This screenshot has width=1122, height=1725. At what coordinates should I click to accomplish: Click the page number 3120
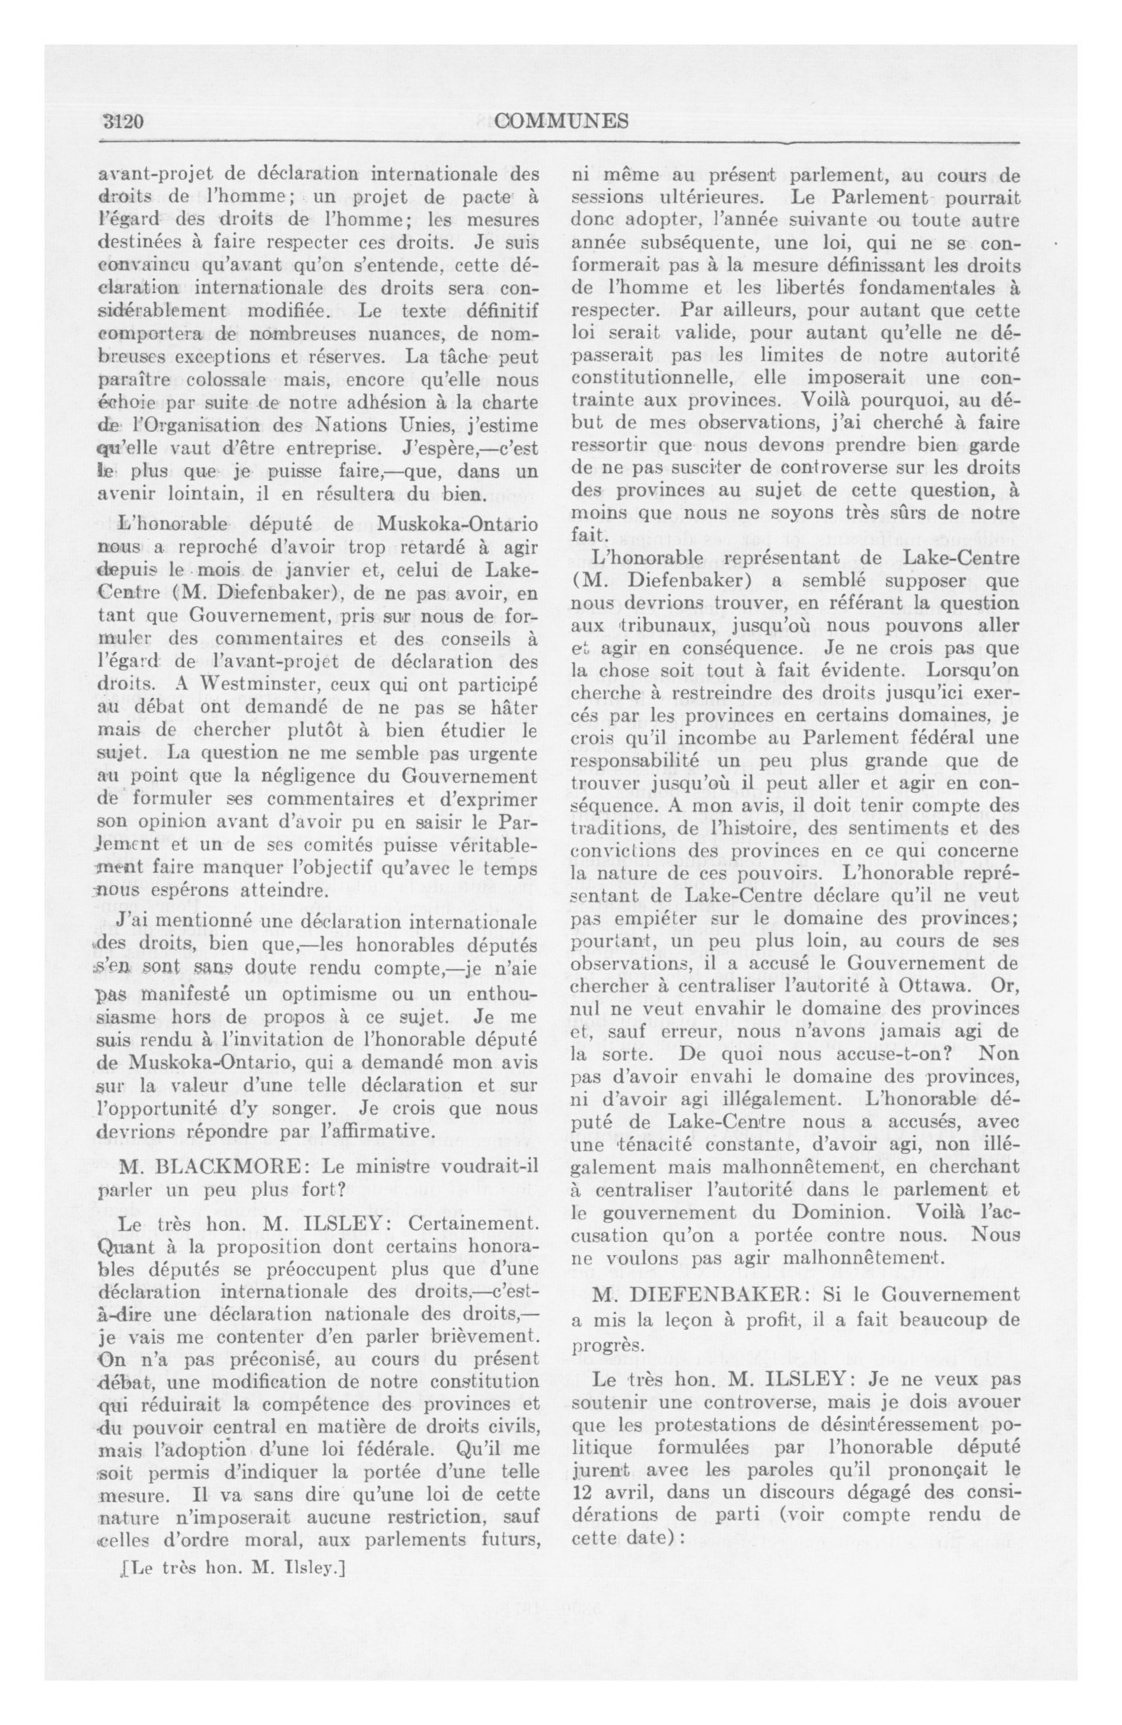pos(123,121)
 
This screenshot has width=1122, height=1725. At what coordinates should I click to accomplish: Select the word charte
pos(512,402)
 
